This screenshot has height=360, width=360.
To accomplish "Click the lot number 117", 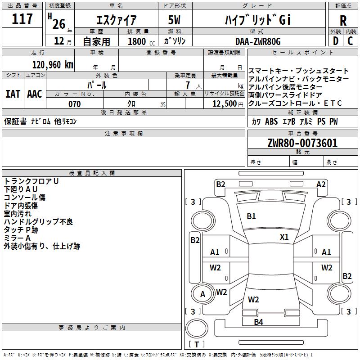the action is [22, 19].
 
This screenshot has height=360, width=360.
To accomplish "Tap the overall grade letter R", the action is [343, 21].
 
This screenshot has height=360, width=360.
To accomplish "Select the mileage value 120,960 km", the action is [53, 65].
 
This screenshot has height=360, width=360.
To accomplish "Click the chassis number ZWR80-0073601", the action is [302, 143].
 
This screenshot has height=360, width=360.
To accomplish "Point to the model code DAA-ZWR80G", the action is [258, 41].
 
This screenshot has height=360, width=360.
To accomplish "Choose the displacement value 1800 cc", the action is [141, 42].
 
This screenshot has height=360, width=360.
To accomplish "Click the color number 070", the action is [75, 104].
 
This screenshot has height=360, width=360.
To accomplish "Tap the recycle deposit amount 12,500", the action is [224, 104].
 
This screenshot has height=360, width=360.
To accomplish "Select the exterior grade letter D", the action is [336, 41].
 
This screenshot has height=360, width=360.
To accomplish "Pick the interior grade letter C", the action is [350, 41].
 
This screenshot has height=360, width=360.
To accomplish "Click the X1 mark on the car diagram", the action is [284, 237].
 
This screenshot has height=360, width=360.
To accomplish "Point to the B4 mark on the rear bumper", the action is [258, 322].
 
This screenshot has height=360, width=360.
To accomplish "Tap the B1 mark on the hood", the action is [251, 216].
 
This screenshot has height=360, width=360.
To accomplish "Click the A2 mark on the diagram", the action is [321, 184].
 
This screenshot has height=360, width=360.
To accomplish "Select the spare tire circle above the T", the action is [197, 328].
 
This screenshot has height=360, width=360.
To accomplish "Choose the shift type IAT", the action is [13, 94].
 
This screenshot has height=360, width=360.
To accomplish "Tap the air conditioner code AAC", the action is [35, 94].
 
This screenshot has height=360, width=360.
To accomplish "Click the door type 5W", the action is [174, 20].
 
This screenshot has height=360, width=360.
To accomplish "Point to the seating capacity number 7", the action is [188, 85].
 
